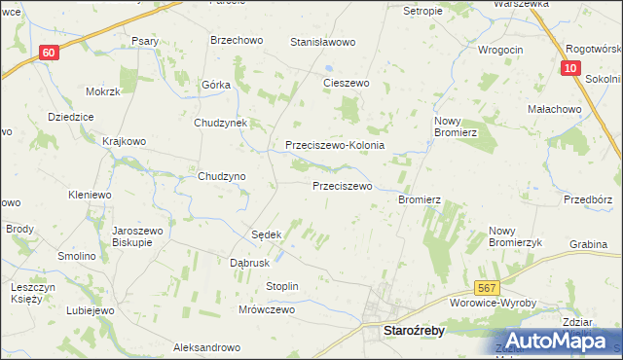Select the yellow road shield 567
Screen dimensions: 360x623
point(488,288)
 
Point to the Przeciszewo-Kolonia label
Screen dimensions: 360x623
point(335,145)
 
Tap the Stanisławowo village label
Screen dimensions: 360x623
point(323,43)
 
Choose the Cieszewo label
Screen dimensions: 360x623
point(347,84)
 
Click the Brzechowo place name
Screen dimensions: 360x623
point(237,40)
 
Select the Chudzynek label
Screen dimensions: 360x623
point(222,124)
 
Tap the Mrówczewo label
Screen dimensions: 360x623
point(266,309)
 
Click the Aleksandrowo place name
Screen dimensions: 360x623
point(206,347)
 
